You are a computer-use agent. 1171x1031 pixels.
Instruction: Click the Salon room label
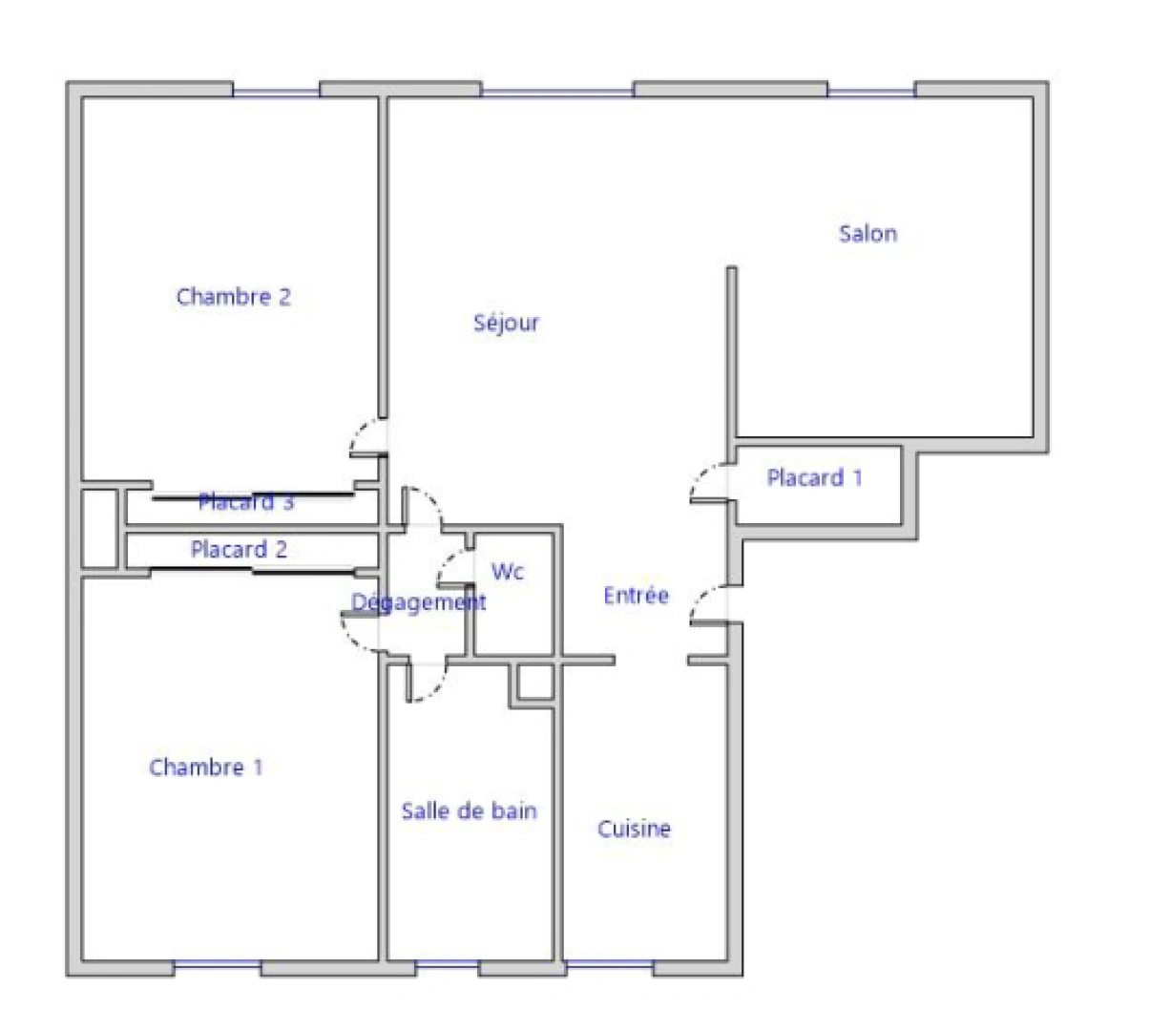pos(868,234)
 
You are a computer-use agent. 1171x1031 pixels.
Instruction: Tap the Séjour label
pos(506,324)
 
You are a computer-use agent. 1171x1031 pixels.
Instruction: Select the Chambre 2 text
pos(234,297)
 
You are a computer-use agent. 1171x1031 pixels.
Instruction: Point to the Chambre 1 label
pos(206,768)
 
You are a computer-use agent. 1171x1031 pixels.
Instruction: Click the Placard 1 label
pos(814,478)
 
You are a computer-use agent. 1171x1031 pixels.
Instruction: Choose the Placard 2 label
pos(239,550)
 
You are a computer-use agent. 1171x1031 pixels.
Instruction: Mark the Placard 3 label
pos(246,502)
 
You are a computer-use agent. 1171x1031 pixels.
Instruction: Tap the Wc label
pos(508,572)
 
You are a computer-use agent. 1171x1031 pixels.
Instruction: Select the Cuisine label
pos(634,829)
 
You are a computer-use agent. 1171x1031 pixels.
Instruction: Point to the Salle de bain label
pos(469,811)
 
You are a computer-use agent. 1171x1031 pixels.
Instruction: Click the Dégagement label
pos(419,603)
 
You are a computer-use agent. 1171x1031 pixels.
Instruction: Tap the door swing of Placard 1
pos(707,483)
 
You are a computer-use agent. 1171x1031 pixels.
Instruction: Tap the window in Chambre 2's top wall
pos(276,91)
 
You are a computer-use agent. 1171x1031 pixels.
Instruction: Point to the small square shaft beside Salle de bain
pos(535,682)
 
